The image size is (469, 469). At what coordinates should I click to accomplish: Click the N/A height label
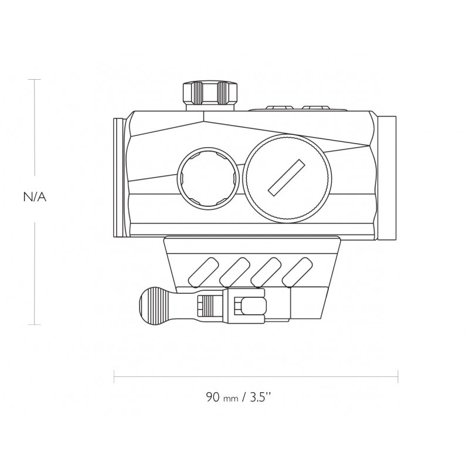pos(34,198)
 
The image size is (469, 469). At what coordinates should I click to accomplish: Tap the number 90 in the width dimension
pos(212,396)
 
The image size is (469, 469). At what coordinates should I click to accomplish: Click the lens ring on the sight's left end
pos(119,178)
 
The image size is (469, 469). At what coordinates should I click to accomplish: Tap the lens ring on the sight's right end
pos(389,178)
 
